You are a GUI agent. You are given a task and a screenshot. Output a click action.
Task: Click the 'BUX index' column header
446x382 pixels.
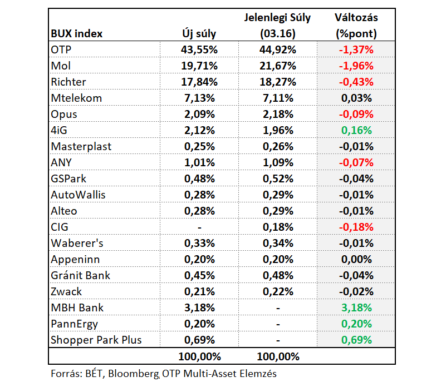coord(76,33)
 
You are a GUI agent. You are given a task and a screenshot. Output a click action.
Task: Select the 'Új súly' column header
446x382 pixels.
coord(199,33)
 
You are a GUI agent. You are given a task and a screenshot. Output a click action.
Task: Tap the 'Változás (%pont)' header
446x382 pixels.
coord(356,26)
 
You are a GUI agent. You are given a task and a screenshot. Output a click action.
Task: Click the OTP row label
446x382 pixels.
coord(61,49)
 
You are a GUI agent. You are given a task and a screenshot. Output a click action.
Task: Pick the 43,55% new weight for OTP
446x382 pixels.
coord(199,49)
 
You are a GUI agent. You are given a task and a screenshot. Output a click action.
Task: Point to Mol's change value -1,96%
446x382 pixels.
coord(356,66)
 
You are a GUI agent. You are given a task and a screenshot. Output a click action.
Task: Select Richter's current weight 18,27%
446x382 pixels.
coord(278,82)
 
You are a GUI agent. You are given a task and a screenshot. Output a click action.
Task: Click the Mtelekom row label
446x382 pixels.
coord(76,98)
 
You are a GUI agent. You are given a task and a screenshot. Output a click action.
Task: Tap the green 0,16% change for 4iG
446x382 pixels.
coord(356,130)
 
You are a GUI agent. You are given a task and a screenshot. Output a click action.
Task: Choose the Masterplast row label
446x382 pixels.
coord(81,147)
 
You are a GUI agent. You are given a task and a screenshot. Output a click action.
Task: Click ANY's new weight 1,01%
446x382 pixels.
coord(199,163)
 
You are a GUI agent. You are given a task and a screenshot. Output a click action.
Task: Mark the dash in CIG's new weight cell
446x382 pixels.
coord(199,227)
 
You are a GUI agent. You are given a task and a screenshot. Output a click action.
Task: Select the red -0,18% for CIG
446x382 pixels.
coord(356,227)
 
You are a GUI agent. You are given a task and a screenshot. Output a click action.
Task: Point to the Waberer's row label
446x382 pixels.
coord(77,244)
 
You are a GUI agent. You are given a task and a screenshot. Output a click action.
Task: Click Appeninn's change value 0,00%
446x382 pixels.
coord(356,259)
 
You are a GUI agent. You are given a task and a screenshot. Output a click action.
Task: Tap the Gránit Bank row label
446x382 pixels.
coord(81,275)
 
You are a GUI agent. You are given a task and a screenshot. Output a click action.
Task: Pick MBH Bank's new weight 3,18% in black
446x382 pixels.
coord(199,308)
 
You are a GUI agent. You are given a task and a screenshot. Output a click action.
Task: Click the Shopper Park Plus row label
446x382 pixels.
coord(96,340)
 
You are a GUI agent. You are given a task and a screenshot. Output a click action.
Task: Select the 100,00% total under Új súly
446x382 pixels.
coord(199,357)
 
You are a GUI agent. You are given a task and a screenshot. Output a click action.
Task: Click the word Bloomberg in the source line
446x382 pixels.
coord(134,374)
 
